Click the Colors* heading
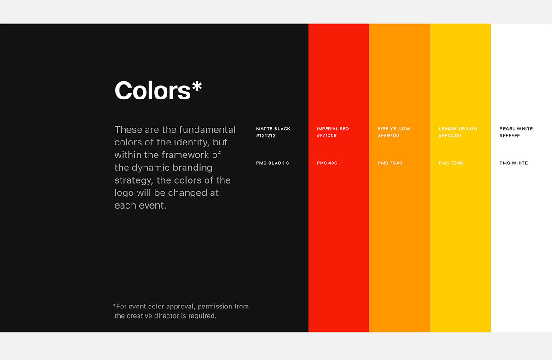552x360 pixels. pyautogui.click(x=158, y=90)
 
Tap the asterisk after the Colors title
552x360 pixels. pyautogui.click(x=197, y=86)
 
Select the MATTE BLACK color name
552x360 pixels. pyautogui.click(x=273, y=129)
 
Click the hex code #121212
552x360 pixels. pyautogui.click(x=266, y=136)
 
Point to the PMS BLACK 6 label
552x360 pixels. pyautogui.click(x=272, y=163)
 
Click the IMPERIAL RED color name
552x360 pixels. pyautogui.click(x=333, y=129)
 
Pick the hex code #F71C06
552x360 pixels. pyautogui.click(x=327, y=136)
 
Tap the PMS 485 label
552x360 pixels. pyautogui.click(x=327, y=163)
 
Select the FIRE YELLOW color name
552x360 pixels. pyautogui.click(x=394, y=129)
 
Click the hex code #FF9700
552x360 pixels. pyautogui.click(x=388, y=136)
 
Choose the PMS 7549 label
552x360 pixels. pyautogui.click(x=390, y=163)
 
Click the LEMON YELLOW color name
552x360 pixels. pyautogui.click(x=458, y=129)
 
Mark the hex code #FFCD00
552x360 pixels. pyautogui.click(x=450, y=136)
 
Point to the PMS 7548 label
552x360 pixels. pyautogui.click(x=451, y=163)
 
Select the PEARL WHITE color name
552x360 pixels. pyautogui.click(x=516, y=129)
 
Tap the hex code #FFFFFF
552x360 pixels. pyautogui.click(x=510, y=136)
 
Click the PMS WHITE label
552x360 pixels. pyautogui.click(x=513, y=163)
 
